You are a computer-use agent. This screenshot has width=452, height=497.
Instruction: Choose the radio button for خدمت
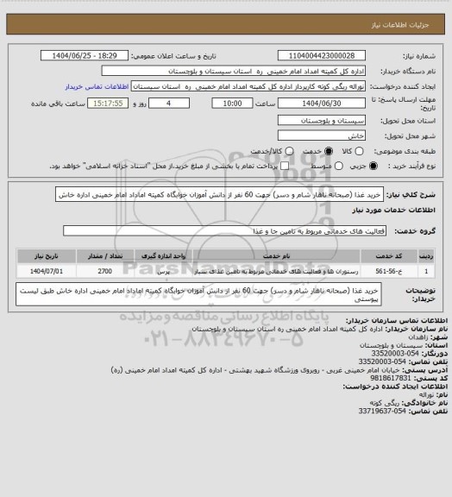[x=302, y=150]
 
